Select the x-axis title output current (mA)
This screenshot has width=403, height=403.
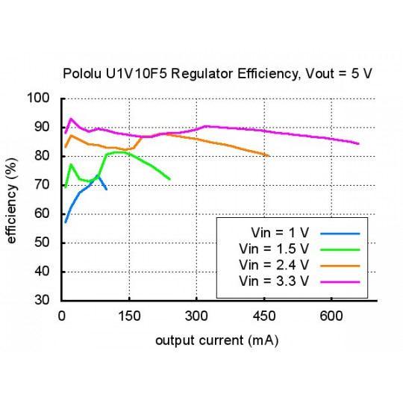217,340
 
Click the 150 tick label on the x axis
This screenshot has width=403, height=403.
129,316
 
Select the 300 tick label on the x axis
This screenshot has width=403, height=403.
196,316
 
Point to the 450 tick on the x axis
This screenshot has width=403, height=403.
263,316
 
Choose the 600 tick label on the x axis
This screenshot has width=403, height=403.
331,316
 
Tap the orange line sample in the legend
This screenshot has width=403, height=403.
340,265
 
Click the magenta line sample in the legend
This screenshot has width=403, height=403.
340,281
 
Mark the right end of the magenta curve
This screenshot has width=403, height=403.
358,143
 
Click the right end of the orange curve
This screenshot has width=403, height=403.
267,155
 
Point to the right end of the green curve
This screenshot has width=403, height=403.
169,179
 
